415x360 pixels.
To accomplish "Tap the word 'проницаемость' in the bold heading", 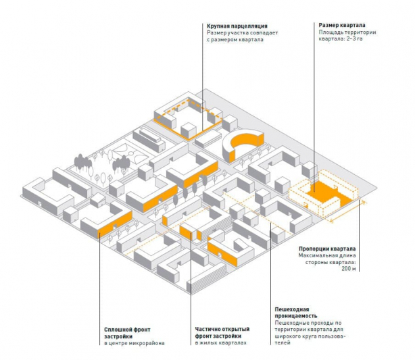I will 298,315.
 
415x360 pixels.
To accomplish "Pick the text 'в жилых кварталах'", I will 221,343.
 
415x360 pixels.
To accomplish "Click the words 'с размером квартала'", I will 235,40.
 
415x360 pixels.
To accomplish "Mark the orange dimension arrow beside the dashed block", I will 345,212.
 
